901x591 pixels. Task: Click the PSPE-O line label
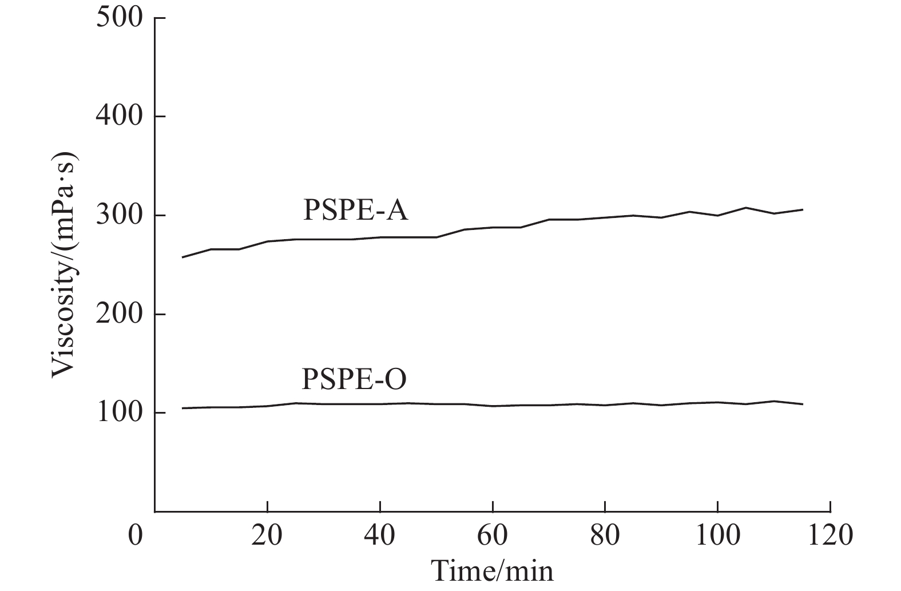click(x=354, y=379)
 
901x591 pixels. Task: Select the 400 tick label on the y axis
click(x=119, y=116)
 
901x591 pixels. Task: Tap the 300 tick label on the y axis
click(x=119, y=215)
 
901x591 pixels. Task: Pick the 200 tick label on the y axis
click(x=119, y=314)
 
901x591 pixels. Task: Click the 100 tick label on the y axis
click(x=119, y=412)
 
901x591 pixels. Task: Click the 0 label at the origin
click(x=136, y=537)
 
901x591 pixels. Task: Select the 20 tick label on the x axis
click(x=267, y=537)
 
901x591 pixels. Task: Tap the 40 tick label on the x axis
click(x=380, y=537)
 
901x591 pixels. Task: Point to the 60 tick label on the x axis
click(x=493, y=537)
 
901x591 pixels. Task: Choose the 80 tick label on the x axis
click(x=605, y=537)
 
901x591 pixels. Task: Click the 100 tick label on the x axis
click(x=717, y=537)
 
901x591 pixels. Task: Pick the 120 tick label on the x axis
click(x=829, y=537)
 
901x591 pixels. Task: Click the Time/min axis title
click(x=492, y=571)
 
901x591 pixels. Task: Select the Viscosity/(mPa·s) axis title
click(x=64, y=264)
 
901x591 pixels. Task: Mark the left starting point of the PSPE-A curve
click(x=182, y=257)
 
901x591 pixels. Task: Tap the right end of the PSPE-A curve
click(x=803, y=209)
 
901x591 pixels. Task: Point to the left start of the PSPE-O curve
click(x=182, y=408)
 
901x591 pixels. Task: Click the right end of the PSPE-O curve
click(x=803, y=404)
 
